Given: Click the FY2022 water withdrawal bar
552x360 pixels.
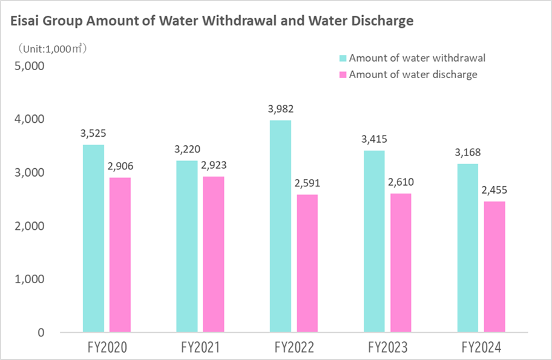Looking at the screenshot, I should click(280, 226).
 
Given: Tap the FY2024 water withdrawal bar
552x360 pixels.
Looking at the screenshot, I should click(468, 248).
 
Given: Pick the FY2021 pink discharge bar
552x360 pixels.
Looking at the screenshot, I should click(212, 254).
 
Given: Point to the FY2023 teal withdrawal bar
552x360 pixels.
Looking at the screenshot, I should click(374, 241).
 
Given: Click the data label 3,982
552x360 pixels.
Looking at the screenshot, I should click(280, 109).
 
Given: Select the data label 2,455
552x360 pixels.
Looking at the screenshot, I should click(494, 190).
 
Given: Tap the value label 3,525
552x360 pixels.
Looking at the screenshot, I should click(93, 133).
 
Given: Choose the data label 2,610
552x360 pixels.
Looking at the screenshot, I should click(401, 182).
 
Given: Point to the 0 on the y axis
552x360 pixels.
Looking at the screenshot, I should click(41, 332).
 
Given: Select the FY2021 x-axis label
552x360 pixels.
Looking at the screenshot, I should click(200, 349).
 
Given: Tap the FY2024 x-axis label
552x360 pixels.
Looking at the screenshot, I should click(481, 349).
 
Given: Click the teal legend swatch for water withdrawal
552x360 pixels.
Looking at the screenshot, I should click(343, 59).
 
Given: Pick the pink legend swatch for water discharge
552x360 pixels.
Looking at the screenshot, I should click(343, 75).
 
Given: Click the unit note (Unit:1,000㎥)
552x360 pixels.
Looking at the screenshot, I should click(52, 48).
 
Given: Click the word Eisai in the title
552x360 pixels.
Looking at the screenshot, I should click(26, 21).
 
